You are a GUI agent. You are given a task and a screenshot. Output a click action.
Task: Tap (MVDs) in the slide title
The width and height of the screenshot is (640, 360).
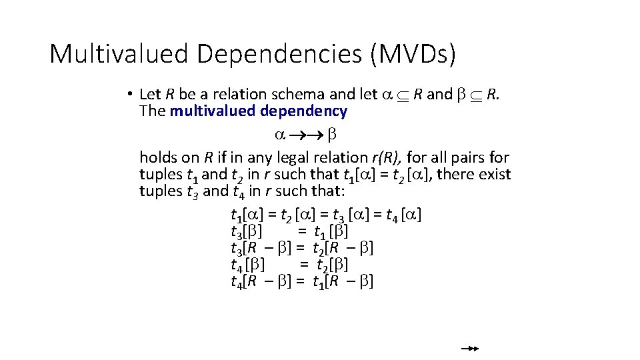click(x=413, y=54)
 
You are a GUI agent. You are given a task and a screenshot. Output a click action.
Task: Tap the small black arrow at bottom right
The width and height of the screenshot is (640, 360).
click(x=470, y=348)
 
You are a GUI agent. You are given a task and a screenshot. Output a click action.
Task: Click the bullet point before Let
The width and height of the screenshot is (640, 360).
click(x=133, y=95)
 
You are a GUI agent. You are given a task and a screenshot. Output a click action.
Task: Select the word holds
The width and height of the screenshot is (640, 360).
click(x=158, y=158)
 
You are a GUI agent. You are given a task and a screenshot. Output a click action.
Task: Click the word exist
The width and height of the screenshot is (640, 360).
click(x=495, y=175)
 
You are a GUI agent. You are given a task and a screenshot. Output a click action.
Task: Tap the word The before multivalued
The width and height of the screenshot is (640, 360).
click(x=153, y=111)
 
